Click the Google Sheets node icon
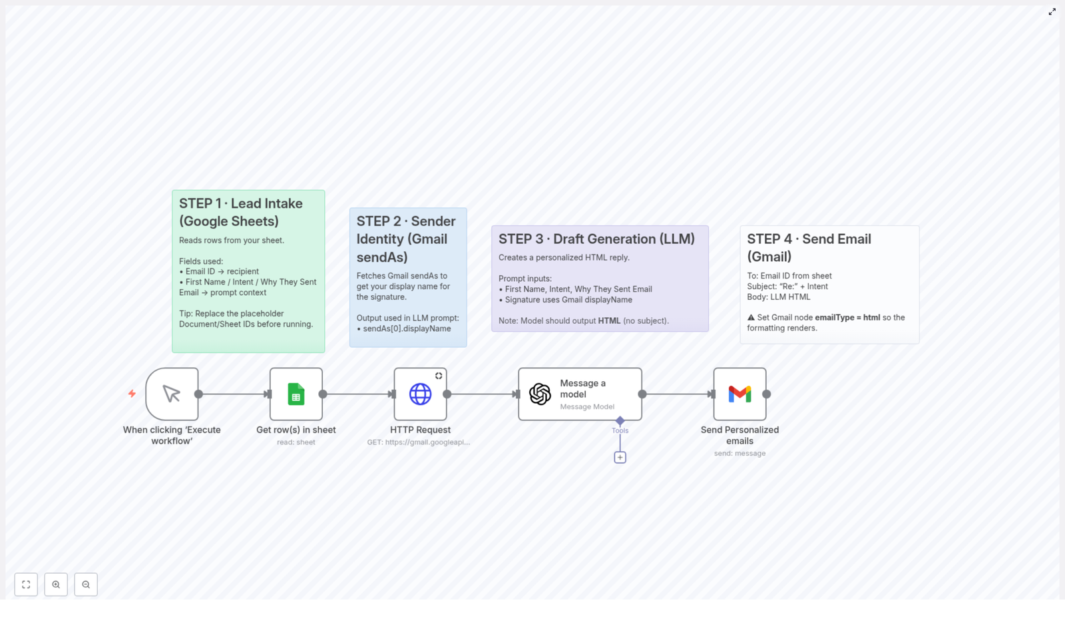point(296,394)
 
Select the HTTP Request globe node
point(420,394)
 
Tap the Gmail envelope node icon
point(740,394)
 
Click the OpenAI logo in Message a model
point(540,394)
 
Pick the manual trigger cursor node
point(172,394)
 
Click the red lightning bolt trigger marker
point(132,394)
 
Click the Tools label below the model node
point(620,430)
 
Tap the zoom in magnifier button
point(56,584)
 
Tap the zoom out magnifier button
point(86,584)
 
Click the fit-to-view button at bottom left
point(26,584)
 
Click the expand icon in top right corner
point(1052,11)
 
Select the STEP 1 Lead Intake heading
point(240,212)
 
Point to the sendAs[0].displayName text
point(407,328)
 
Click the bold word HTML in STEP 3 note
point(609,320)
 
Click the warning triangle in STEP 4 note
point(751,317)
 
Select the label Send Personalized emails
point(740,435)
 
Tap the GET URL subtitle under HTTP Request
point(419,442)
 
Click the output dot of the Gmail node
point(767,394)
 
